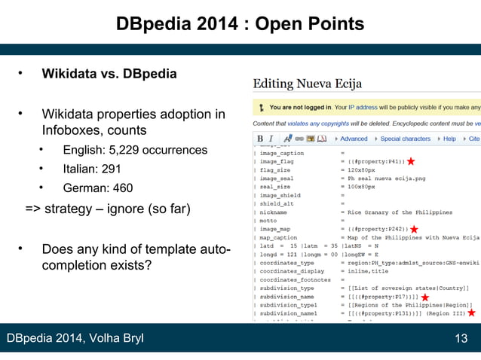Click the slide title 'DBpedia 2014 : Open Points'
240,25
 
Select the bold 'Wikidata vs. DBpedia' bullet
109,74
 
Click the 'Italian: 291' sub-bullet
91,169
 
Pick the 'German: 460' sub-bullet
97,188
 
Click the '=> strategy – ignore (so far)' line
108,208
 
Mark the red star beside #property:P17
425,297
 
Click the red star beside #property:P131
471,312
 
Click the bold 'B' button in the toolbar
260,139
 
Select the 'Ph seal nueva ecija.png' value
383,178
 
